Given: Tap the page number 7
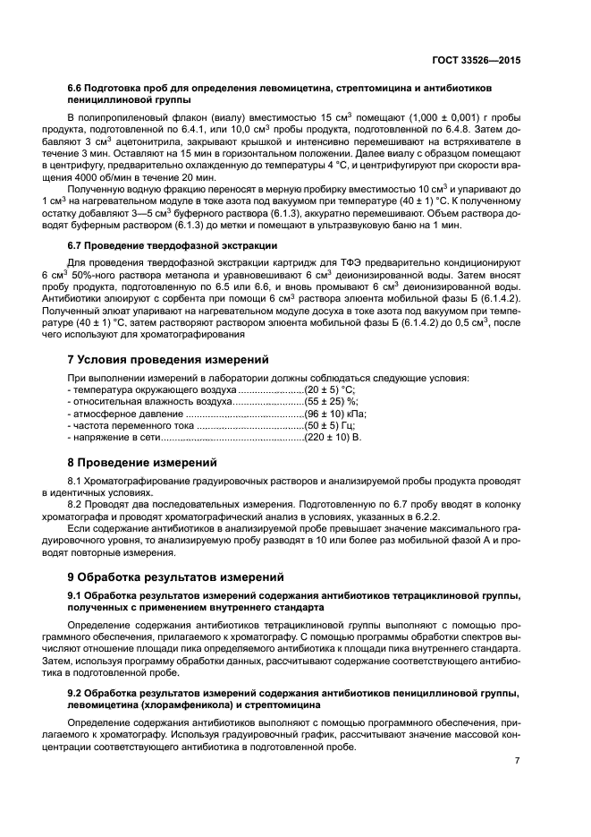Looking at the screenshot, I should click(x=517, y=760).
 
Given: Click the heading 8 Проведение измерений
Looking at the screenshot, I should click(x=143, y=463).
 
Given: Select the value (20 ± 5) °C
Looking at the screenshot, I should click(x=330, y=390).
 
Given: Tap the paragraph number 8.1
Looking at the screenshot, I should click(x=76, y=482).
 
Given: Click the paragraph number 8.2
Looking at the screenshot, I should click(x=76, y=505).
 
